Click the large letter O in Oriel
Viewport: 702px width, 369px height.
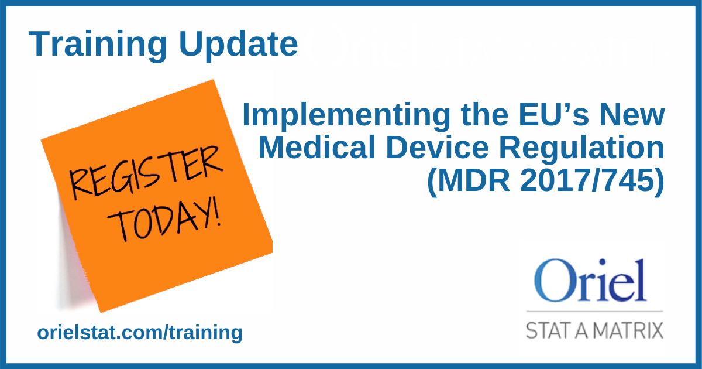tap(553, 280)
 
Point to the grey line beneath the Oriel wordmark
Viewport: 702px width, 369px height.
tap(594, 311)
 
